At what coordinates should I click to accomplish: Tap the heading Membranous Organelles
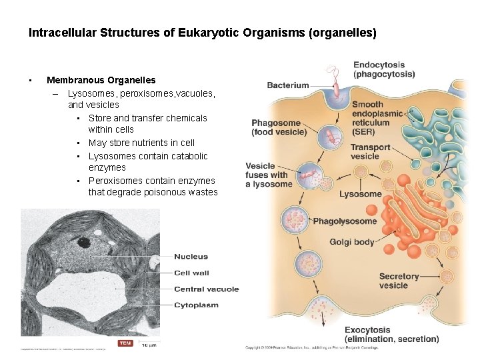click(101, 80)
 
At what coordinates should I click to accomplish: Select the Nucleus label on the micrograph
click(191, 257)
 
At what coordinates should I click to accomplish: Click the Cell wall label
click(191, 273)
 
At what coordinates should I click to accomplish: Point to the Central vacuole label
click(206, 289)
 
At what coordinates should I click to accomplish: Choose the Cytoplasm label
click(196, 305)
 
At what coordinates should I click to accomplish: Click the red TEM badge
click(125, 343)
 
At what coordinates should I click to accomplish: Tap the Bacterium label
click(288, 85)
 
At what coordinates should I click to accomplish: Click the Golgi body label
click(351, 242)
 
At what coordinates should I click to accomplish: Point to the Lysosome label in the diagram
click(360, 194)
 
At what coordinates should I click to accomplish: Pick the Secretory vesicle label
click(399, 281)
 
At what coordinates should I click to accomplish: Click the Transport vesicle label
click(370, 152)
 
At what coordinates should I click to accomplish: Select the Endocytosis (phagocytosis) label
click(383, 69)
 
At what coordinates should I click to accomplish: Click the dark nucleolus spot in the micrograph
click(84, 242)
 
